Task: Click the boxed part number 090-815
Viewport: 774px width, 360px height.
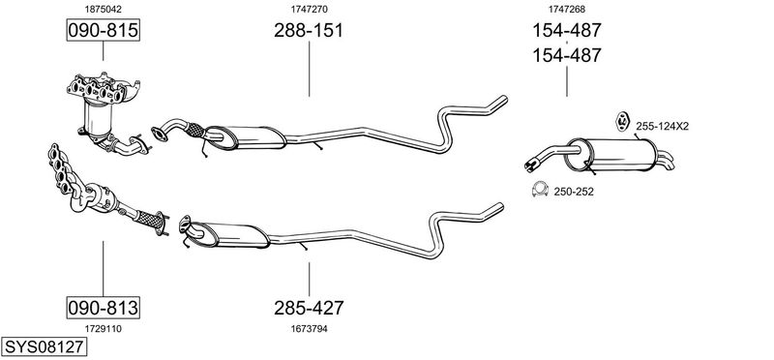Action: tap(103, 30)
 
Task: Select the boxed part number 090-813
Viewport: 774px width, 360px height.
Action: tap(103, 308)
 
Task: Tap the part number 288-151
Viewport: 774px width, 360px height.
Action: tap(309, 30)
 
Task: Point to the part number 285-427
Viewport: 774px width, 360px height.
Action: tap(309, 308)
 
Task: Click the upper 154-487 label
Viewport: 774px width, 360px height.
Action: tap(566, 30)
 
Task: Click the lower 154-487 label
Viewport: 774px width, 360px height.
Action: tap(566, 55)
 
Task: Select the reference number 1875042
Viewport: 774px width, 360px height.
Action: tap(103, 9)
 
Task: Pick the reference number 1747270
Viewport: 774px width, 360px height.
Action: tap(309, 9)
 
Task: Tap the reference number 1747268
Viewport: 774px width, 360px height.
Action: tap(567, 9)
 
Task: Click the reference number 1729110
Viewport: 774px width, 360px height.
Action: tap(103, 329)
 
